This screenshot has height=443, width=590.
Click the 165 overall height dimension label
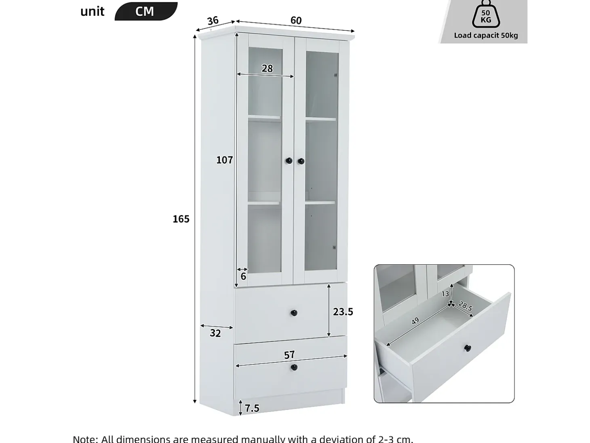(x=181, y=219)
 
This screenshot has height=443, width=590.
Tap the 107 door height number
(x=224, y=160)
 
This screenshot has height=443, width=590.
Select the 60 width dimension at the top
(x=296, y=21)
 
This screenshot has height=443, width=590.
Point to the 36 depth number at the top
(x=213, y=21)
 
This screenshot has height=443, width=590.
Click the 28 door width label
(x=267, y=69)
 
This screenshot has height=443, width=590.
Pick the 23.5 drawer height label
(x=343, y=312)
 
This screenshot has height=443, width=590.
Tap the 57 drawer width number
(x=289, y=355)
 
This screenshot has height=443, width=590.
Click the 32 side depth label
(x=215, y=333)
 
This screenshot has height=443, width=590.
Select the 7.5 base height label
(x=252, y=408)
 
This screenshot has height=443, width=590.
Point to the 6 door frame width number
(x=243, y=276)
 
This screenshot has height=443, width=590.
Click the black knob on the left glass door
(x=289, y=161)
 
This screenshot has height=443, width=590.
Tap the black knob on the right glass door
(x=301, y=161)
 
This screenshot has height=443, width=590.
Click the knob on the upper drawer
(x=294, y=313)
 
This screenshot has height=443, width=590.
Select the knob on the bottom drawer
(x=294, y=367)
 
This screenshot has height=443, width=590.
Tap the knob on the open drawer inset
(x=468, y=348)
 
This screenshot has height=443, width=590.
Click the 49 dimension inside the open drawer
(x=415, y=321)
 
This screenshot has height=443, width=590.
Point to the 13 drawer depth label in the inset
(x=445, y=294)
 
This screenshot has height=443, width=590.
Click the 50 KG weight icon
(x=486, y=15)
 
